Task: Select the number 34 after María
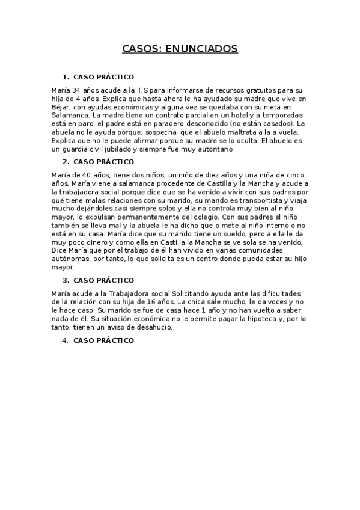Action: coord(79,90)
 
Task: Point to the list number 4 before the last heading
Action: coord(65,340)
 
